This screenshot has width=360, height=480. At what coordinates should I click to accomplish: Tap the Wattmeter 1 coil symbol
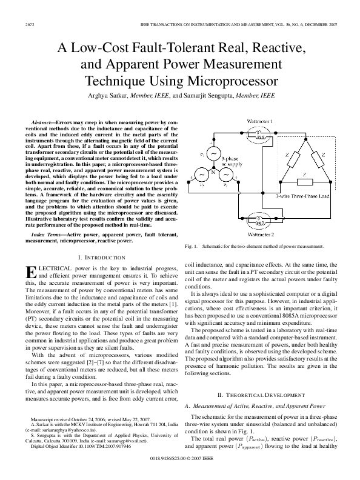coord(258,134)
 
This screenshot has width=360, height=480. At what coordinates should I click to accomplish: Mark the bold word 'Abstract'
coord(43,123)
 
